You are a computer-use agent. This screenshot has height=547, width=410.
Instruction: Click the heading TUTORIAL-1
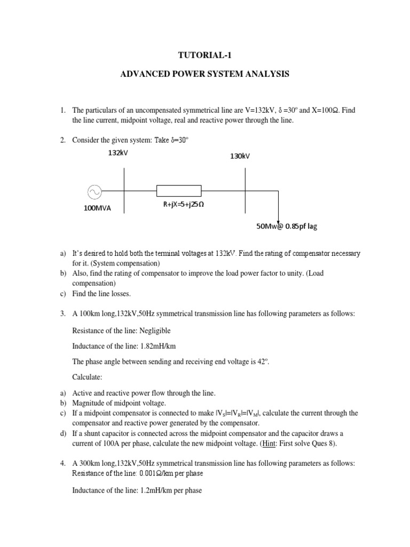[205, 54]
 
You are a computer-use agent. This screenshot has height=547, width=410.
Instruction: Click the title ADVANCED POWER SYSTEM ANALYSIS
[205, 74]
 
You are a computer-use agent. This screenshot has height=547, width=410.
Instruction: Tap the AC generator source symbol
[94, 191]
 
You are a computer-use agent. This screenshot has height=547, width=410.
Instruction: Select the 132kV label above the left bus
[118, 153]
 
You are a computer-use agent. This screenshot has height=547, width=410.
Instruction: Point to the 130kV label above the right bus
[240, 156]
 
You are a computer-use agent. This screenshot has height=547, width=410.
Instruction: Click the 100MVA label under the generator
[97, 208]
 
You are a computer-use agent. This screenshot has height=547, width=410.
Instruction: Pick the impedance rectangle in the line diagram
[178, 191]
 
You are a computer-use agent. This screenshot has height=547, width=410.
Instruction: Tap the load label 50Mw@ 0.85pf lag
[287, 226]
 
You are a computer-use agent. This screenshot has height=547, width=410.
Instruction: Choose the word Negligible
[155, 331]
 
